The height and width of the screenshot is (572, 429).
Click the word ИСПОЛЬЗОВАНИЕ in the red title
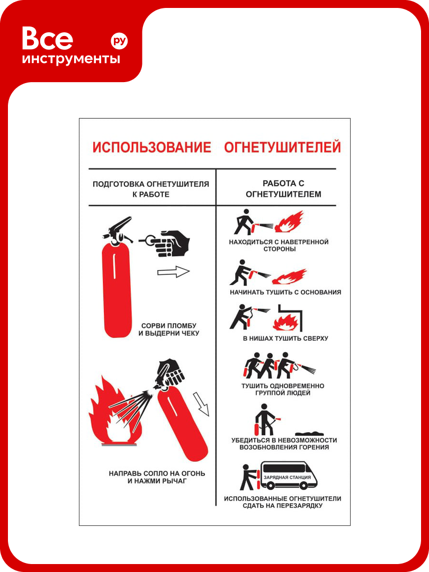click(x=151, y=147)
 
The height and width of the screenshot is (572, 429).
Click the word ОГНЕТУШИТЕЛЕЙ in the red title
click(x=282, y=147)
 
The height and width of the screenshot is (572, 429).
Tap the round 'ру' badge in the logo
click(x=119, y=41)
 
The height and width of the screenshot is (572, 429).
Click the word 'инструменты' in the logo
click(x=71, y=59)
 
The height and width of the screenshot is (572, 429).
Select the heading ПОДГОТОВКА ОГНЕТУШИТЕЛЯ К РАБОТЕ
click(x=150, y=189)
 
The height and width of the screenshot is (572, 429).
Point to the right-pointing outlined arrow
click(x=173, y=272)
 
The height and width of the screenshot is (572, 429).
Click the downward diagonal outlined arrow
click(x=201, y=404)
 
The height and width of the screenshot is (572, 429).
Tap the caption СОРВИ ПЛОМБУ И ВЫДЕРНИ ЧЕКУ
click(x=168, y=329)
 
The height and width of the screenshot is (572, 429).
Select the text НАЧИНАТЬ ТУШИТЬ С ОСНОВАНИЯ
click(x=285, y=292)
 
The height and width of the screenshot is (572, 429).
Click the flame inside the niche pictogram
click(x=286, y=323)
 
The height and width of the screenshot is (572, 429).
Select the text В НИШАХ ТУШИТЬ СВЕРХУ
click(x=285, y=338)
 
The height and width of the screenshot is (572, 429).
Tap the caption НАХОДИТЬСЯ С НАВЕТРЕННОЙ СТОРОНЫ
click(x=279, y=245)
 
